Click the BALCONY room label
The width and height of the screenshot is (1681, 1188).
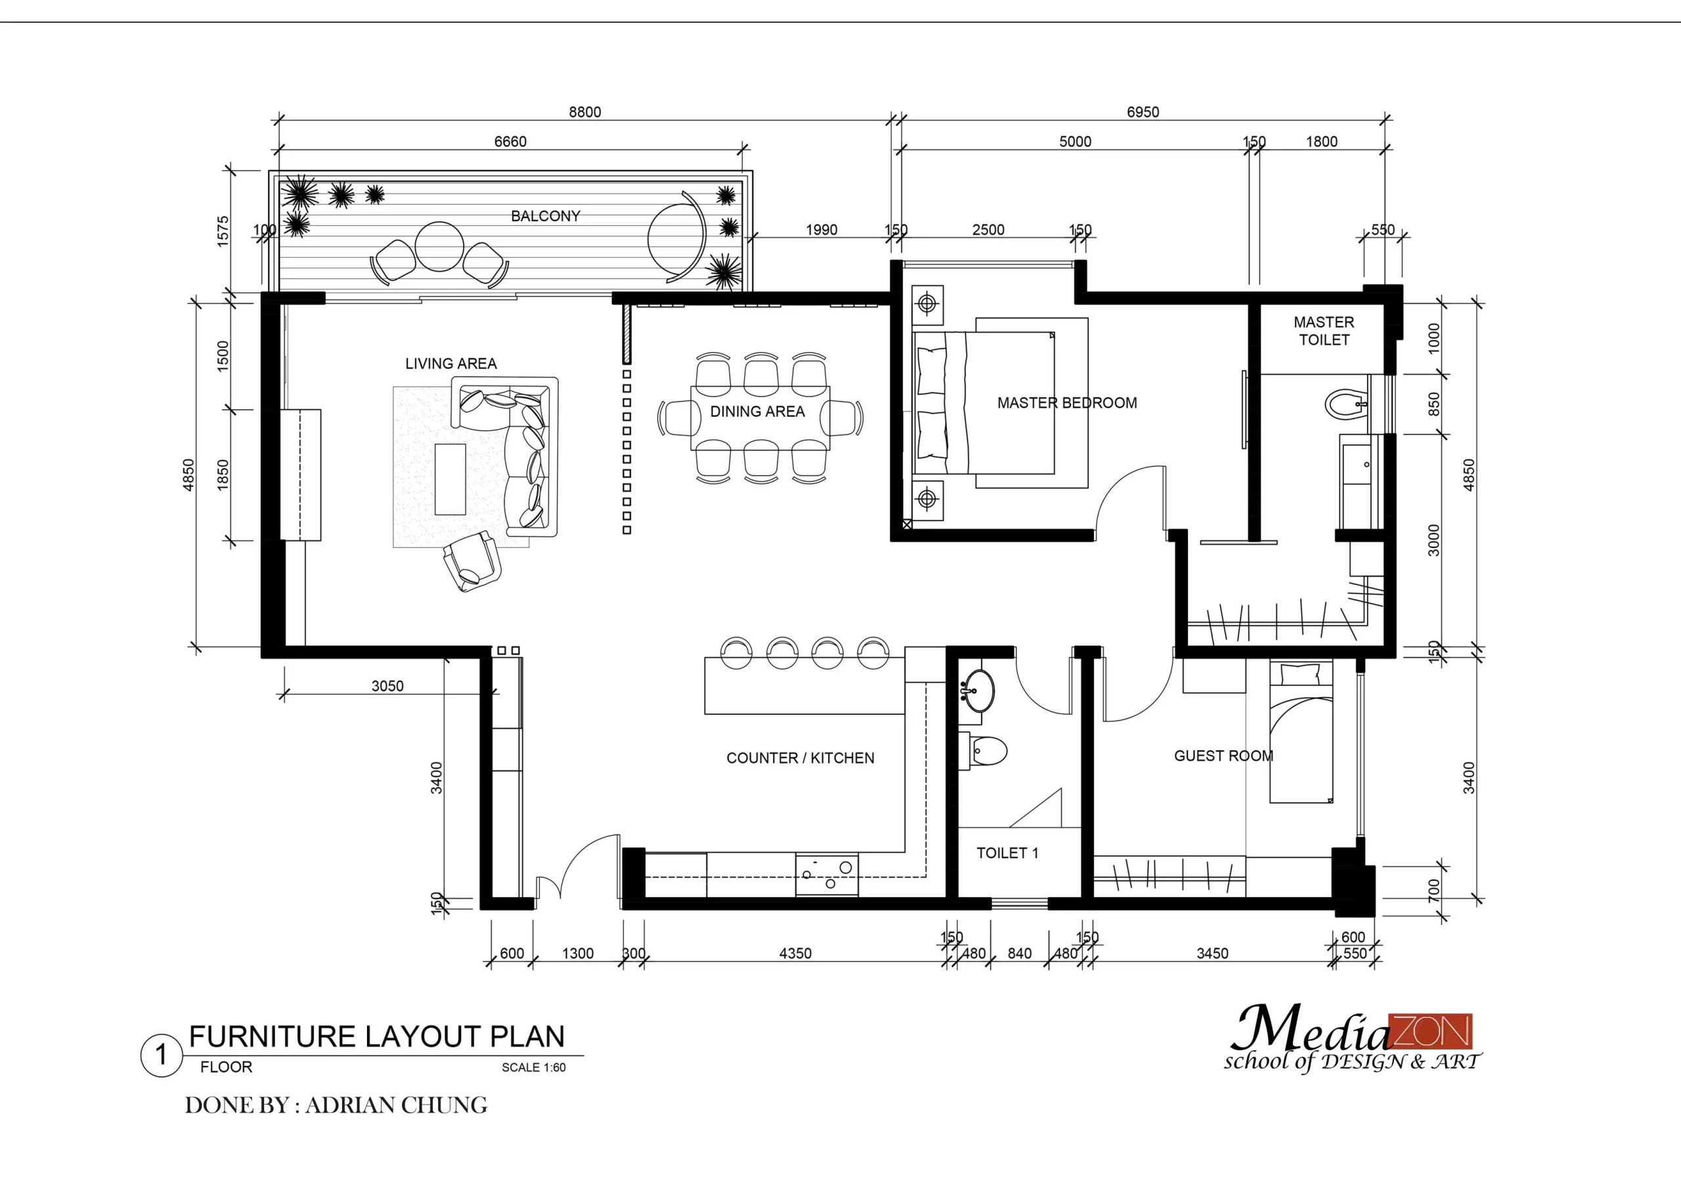click(546, 216)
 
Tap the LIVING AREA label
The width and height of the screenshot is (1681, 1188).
click(451, 364)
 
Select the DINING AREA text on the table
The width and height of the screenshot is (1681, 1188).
click(757, 412)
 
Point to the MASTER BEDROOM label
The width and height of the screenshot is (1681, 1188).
click(1067, 402)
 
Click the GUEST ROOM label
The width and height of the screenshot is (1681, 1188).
click(1223, 755)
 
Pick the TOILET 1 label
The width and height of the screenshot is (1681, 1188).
click(1007, 853)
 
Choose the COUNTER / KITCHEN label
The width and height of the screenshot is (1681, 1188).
click(800, 757)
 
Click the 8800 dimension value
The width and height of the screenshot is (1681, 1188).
click(585, 112)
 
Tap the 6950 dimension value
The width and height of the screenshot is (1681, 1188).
click(1143, 112)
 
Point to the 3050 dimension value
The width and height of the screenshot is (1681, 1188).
click(387, 686)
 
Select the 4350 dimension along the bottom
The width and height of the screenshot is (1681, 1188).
click(795, 953)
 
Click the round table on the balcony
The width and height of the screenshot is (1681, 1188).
click(439, 246)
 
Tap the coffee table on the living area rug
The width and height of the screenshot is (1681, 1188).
click(450, 478)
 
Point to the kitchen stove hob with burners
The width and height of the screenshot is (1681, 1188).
click(827, 875)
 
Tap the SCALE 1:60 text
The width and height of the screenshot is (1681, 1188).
click(534, 1067)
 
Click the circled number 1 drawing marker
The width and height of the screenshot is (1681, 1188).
click(161, 1055)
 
